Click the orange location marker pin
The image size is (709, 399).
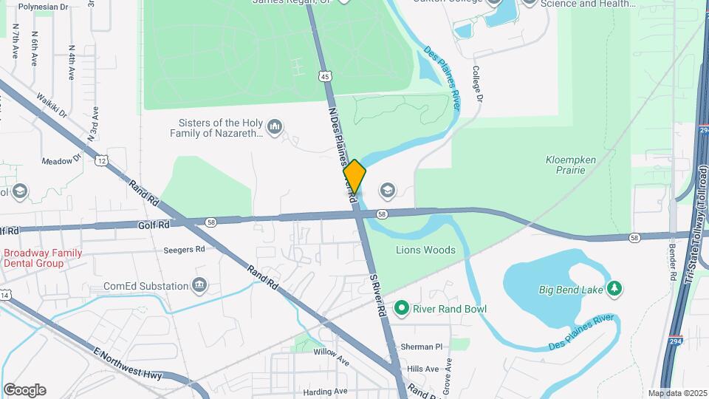click(354, 176)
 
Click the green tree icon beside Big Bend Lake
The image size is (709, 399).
click(612, 287)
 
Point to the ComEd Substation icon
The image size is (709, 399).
click(199, 285)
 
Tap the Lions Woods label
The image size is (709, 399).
click(425, 250)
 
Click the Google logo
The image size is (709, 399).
click(24, 389)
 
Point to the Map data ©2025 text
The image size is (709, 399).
click(677, 393)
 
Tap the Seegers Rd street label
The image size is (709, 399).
click(184, 249)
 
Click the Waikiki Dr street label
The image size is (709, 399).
click(52, 106)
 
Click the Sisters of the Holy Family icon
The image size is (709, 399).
click(275, 128)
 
